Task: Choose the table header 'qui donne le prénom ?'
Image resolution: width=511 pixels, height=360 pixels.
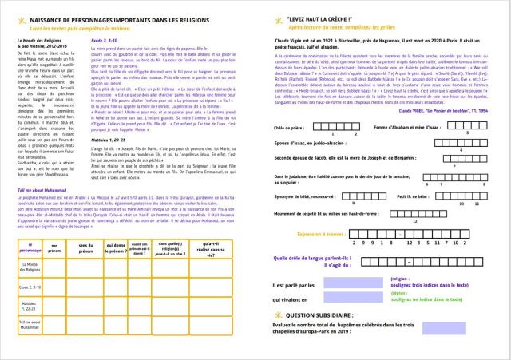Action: (110, 247)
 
